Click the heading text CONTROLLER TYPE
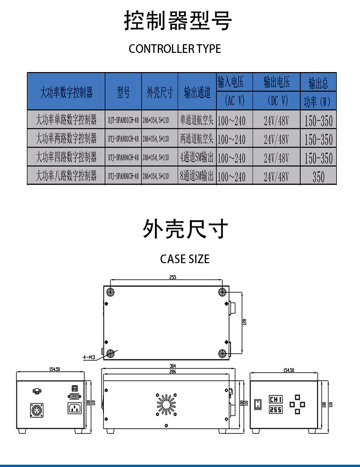[x=175, y=49]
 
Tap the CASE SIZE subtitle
[x=185, y=259]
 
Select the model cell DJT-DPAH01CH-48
[x=123, y=120]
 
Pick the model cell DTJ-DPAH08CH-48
[x=123, y=176]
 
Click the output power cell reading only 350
[x=319, y=176]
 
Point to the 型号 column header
[x=123, y=93]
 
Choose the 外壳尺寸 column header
[x=159, y=93]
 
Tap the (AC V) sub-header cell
[x=235, y=100]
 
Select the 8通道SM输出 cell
[x=197, y=176]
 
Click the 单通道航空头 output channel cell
[x=197, y=120]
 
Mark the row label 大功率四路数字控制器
[x=67, y=157]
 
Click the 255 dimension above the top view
[x=173, y=277]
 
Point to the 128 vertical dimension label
[x=244, y=322]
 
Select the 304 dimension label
[x=173, y=366]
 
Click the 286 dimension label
[x=173, y=372]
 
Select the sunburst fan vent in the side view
[x=166, y=404]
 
